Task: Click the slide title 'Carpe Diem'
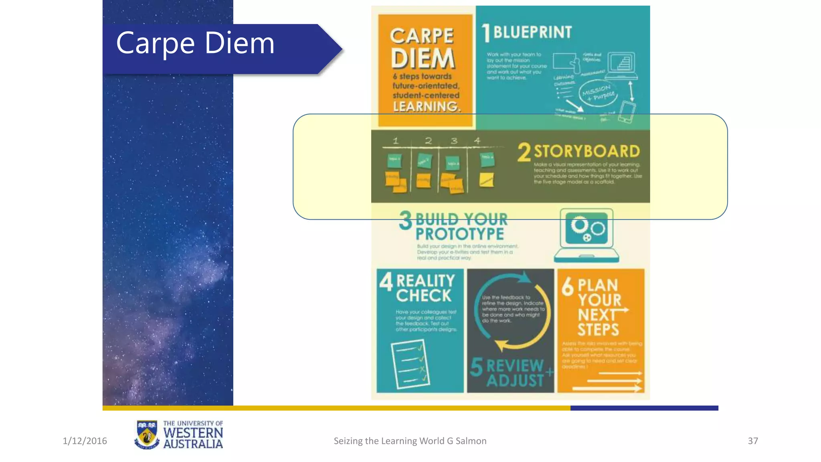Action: (195, 43)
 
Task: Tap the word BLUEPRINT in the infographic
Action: (532, 32)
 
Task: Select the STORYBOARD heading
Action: (587, 152)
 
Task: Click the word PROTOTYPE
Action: (459, 234)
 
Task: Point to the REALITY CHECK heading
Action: (425, 288)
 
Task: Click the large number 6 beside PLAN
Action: (568, 287)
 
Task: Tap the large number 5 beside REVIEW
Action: (476, 367)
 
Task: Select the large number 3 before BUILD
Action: (405, 221)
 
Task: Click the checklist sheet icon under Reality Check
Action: (409, 364)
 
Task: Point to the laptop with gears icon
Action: (586, 235)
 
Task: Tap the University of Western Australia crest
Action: (146, 434)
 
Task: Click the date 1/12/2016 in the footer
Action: (85, 441)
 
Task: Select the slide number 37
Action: (753, 441)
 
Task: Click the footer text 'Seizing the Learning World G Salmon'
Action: (410, 441)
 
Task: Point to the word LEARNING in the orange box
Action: (426, 107)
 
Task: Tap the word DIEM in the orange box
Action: (423, 59)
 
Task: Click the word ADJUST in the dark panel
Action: (515, 381)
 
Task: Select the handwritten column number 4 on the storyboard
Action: (477, 141)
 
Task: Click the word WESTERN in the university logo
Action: (193, 433)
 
